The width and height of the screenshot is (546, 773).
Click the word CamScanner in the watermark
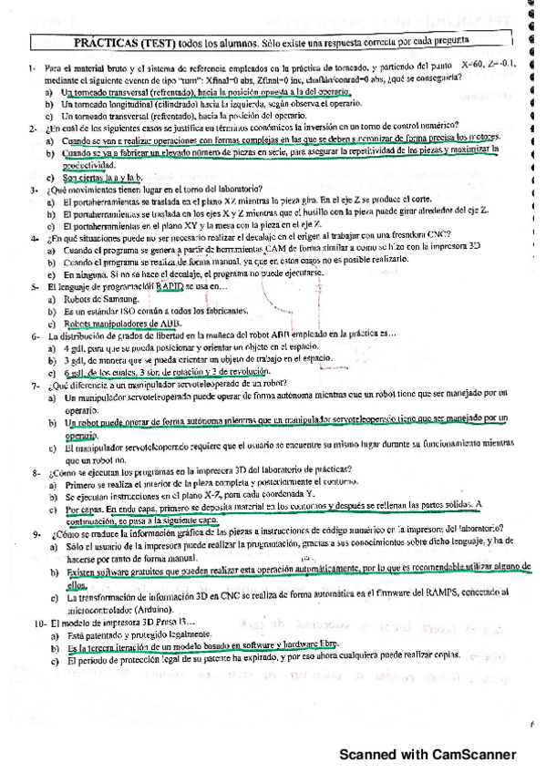(469, 755)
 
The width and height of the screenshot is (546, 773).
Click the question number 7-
(33, 386)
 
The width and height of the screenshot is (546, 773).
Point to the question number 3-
(33, 190)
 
